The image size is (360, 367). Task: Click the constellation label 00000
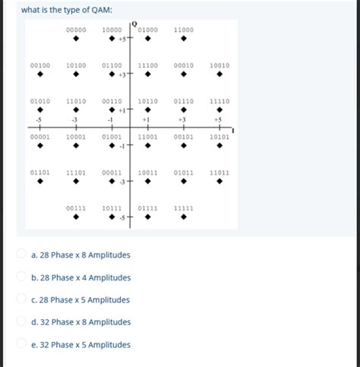75,30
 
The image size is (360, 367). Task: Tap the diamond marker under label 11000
184,40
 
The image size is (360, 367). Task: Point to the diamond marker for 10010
219,75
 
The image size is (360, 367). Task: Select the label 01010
40,101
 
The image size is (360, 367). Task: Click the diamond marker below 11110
219,111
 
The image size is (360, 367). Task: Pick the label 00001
40,137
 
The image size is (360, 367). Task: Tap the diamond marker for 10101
219,147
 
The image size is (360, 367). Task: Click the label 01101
40,172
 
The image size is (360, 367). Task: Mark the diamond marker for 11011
219,182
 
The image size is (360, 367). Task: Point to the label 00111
75,207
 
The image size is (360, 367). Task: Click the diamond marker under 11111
184,217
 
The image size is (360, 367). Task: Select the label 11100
148,66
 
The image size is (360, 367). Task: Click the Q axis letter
134,23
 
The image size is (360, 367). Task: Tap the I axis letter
233,131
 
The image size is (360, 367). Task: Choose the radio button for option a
23,255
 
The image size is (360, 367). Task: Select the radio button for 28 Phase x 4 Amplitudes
23,277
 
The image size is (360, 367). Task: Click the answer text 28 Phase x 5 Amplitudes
81,299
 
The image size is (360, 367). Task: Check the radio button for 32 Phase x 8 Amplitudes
23,321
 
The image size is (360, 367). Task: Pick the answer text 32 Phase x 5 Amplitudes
81,344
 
